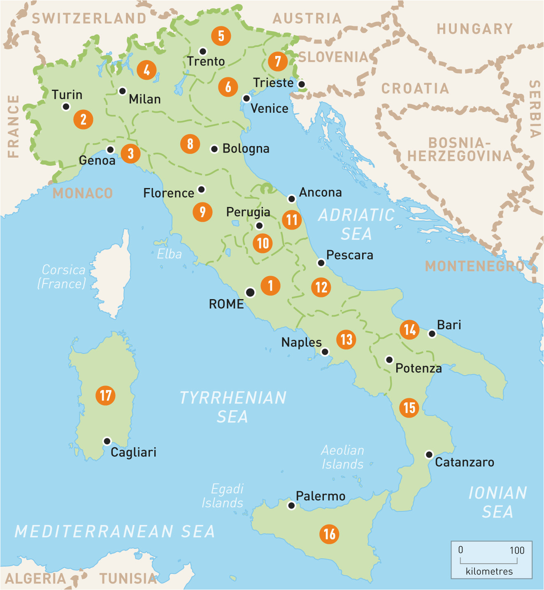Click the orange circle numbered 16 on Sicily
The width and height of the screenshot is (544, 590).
pyautogui.click(x=329, y=534)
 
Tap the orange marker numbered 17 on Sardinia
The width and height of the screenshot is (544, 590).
pyautogui.click(x=105, y=395)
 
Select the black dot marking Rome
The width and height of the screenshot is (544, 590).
pyautogui.click(x=250, y=292)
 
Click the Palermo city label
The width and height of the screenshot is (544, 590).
pyautogui.click(x=321, y=496)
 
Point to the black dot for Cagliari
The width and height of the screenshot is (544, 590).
pyautogui.click(x=107, y=441)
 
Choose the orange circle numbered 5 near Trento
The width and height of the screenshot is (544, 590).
pyautogui.click(x=221, y=36)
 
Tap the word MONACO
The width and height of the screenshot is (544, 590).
pyautogui.click(x=83, y=193)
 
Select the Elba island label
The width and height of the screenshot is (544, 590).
pyautogui.click(x=169, y=254)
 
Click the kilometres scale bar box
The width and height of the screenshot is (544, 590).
pyautogui.click(x=491, y=560)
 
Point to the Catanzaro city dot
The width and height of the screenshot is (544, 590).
pyautogui.click(x=429, y=454)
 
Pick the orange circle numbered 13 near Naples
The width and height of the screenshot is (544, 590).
pyautogui.click(x=346, y=339)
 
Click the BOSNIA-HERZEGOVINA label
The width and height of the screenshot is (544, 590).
pyautogui.click(x=460, y=149)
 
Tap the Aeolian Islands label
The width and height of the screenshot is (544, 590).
pyautogui.click(x=342, y=457)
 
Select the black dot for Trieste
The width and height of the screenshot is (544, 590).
pyautogui.click(x=302, y=84)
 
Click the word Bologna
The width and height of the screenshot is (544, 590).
pyautogui.click(x=246, y=149)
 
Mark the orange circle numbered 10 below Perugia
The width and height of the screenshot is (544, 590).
pyautogui.click(x=263, y=243)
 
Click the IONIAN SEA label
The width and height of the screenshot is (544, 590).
pyautogui.click(x=498, y=502)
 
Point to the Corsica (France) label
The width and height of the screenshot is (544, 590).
pyautogui.click(x=63, y=276)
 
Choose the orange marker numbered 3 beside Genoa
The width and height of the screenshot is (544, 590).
pyautogui.click(x=130, y=153)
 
